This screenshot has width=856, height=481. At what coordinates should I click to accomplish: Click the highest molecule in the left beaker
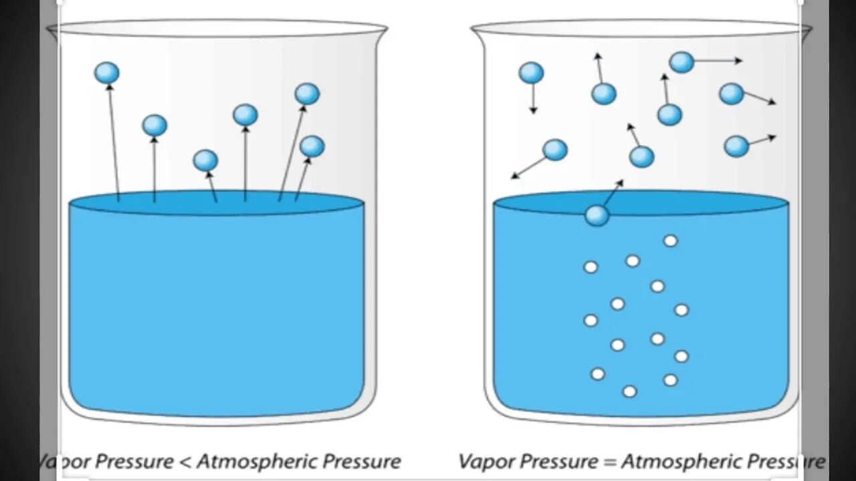click(x=107, y=73)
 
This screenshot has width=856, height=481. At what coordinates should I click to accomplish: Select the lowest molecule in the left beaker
click(x=205, y=160)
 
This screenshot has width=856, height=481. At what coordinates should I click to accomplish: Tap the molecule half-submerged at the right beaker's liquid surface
click(x=597, y=215)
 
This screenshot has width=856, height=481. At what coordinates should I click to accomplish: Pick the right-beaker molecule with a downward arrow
click(x=531, y=73)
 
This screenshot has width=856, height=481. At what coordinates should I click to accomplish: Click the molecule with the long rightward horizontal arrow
click(x=681, y=62)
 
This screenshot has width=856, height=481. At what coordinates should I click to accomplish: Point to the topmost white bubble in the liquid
click(x=670, y=240)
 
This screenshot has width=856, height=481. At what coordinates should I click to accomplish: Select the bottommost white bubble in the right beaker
click(x=629, y=391)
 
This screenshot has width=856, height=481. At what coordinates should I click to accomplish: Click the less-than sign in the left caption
click(x=185, y=462)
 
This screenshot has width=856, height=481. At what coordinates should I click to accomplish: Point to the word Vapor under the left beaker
click(x=64, y=462)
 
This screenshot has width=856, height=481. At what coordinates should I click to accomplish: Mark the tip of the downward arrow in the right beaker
click(x=533, y=112)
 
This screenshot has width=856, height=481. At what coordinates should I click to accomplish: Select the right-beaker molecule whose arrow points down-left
click(x=554, y=150)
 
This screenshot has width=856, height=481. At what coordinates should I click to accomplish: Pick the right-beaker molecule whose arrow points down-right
click(x=731, y=94)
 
